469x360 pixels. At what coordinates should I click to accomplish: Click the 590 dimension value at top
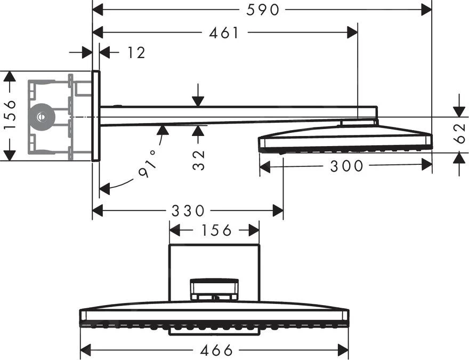point(263,9)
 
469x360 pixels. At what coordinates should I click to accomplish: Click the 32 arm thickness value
point(199,159)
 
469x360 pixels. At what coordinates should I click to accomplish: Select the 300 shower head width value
point(346,166)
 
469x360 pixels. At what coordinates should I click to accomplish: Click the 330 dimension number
point(188,211)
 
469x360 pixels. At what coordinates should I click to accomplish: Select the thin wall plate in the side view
point(95,115)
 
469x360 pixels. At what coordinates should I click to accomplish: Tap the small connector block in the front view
point(214,290)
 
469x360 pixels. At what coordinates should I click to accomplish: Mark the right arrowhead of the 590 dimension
point(426,9)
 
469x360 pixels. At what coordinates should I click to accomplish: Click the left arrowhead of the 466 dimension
point(85,350)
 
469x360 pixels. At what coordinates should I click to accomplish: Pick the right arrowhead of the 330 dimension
point(278,211)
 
